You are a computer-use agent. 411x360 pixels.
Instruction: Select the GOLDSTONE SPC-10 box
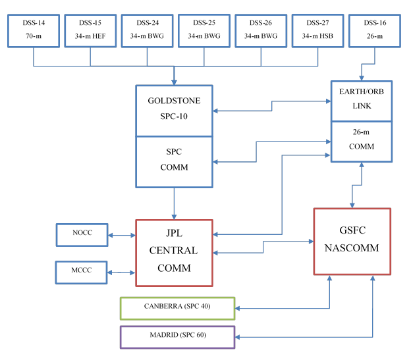tap(175, 111)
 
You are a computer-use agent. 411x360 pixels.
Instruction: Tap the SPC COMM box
tap(175, 161)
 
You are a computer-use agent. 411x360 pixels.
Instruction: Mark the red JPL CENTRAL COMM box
tap(175, 252)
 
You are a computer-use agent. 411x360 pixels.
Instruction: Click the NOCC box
tap(81, 234)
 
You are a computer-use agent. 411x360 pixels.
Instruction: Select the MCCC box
tap(81, 271)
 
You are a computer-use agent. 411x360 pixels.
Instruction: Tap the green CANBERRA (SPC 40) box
tap(177, 307)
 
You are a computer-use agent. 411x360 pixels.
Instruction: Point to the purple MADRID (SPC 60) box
tap(177, 336)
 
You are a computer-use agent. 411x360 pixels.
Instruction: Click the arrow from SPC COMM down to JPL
tap(175, 203)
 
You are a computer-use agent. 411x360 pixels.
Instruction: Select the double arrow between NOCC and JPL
tap(121, 234)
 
